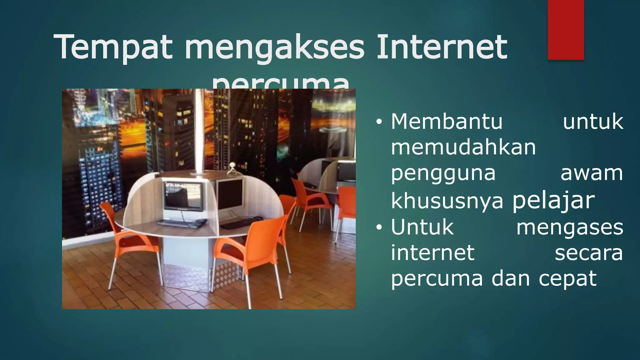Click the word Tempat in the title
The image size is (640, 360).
pos(112,47)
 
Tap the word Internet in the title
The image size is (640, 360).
pos(442,47)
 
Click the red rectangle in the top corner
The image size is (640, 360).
pos(566,30)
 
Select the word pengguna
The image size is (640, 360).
pos(443,174)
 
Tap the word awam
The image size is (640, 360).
pos(592,174)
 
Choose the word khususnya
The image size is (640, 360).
pos(447,201)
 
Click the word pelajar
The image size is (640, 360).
pos(553,200)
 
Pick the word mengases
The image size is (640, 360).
pos(570,227)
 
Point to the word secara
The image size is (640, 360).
pos(589,253)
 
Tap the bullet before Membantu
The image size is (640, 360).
pos(379,122)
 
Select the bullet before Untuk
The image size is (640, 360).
pos(379,228)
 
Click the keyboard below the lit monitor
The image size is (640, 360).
pos(181,222)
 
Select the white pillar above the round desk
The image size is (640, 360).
pos(199,131)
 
